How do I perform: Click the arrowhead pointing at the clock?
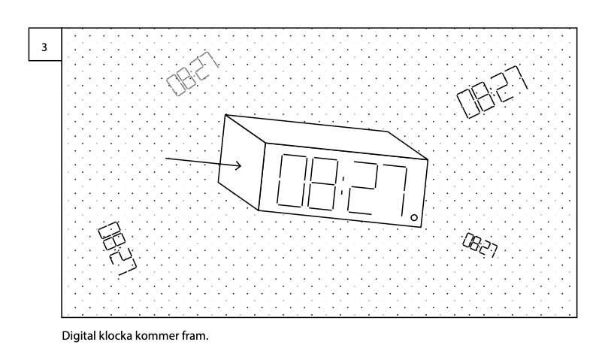238,166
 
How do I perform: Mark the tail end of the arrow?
167,159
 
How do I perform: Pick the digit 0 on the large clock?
291,181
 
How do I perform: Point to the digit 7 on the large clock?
398,194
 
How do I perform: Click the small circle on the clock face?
414,217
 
